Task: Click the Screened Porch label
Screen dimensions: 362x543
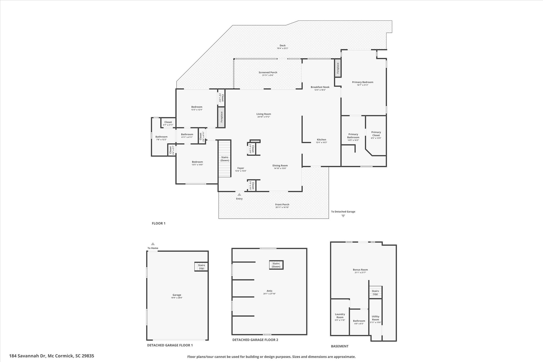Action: pos(268,72)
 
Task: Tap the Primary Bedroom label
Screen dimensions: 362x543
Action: pos(362,82)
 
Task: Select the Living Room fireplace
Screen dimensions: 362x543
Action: pos(221,117)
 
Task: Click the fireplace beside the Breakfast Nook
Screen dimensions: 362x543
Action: pos(338,68)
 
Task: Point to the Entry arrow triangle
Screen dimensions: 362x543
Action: pos(239,195)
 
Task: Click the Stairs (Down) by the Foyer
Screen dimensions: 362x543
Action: pos(225,159)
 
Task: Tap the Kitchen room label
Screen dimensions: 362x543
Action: pos(321,139)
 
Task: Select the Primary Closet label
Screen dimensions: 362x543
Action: pos(376,134)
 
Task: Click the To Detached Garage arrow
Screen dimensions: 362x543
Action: pos(343,216)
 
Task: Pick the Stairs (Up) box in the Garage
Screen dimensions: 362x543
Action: pos(202,267)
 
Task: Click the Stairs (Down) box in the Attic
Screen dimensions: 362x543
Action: pos(276,265)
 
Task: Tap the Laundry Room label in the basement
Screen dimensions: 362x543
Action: pos(340,316)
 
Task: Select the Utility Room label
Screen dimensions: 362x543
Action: pos(375,318)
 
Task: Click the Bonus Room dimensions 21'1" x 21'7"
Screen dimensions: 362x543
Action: pos(360,272)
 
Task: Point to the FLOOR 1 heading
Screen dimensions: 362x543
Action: pos(159,223)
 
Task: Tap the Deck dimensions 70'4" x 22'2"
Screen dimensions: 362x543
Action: pos(282,48)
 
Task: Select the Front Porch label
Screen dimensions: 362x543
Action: pos(282,204)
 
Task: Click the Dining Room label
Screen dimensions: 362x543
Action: pos(280,165)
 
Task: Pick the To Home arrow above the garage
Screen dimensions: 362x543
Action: pos(153,244)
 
